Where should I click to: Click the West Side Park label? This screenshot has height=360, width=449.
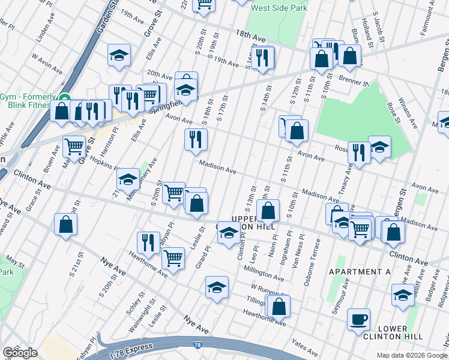(279, 8)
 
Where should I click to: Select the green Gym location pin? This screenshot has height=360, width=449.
(65, 98)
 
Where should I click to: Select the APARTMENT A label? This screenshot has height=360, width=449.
(360, 272)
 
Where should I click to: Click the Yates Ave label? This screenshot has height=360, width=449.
(304, 346)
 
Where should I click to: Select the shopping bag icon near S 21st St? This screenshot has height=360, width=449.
(65, 224)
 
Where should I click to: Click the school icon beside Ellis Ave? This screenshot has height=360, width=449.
(119, 55)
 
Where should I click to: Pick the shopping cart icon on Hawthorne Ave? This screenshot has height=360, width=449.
(173, 258)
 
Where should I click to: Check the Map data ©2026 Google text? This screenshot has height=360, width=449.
(412, 355)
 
